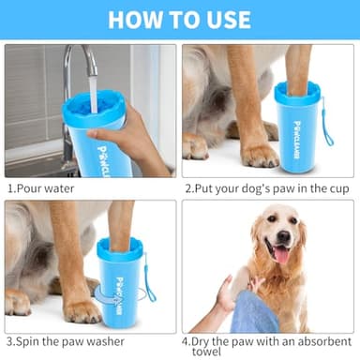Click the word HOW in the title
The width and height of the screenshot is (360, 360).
(x=138, y=20)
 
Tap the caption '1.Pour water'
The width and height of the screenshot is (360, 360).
(x=41, y=187)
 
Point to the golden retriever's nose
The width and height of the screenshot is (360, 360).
(x=281, y=235)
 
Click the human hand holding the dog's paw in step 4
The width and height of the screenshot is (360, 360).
(x=225, y=298)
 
